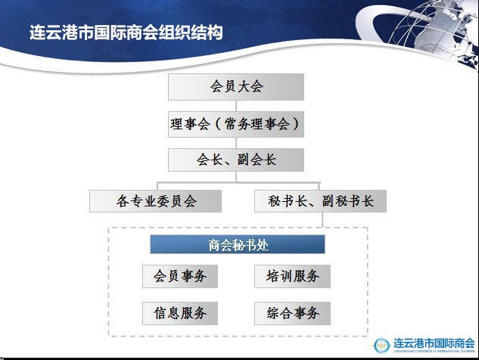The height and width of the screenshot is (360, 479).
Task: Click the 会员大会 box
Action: pos(235,87)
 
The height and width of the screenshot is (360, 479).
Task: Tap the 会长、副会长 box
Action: pos(235,160)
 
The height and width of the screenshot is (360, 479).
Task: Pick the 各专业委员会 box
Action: pos(156,201)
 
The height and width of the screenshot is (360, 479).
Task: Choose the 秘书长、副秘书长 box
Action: pos(321,201)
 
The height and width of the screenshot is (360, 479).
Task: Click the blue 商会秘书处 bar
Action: pos(238,244)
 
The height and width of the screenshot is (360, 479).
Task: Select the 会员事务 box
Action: pos(180,276)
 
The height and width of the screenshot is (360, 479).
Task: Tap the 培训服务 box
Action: pos(292,276)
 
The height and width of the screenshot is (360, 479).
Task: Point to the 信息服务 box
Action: pos(180,312)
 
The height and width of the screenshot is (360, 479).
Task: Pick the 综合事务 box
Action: pos(292,312)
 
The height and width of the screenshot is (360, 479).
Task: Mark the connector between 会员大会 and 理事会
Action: pos(235,106)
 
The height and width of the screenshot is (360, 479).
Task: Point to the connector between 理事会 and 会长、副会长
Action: pos(235,143)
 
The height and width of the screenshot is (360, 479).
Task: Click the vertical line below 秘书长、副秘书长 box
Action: pos(321,220)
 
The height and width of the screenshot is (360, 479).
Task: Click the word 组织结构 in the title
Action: pos(198,34)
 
